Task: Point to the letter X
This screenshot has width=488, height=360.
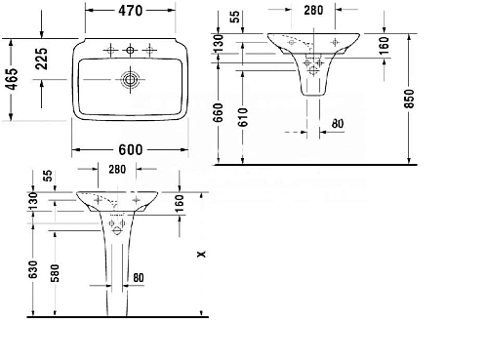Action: tap(200, 255)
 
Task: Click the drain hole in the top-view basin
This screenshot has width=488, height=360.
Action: tap(128, 77)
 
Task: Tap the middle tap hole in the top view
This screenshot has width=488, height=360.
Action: tap(128, 48)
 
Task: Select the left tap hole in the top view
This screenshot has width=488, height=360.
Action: tap(108, 48)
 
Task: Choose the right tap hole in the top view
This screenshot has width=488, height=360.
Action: tap(148, 48)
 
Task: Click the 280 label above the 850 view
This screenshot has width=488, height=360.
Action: tap(311, 12)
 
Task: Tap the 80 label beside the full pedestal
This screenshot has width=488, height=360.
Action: tap(138, 277)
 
